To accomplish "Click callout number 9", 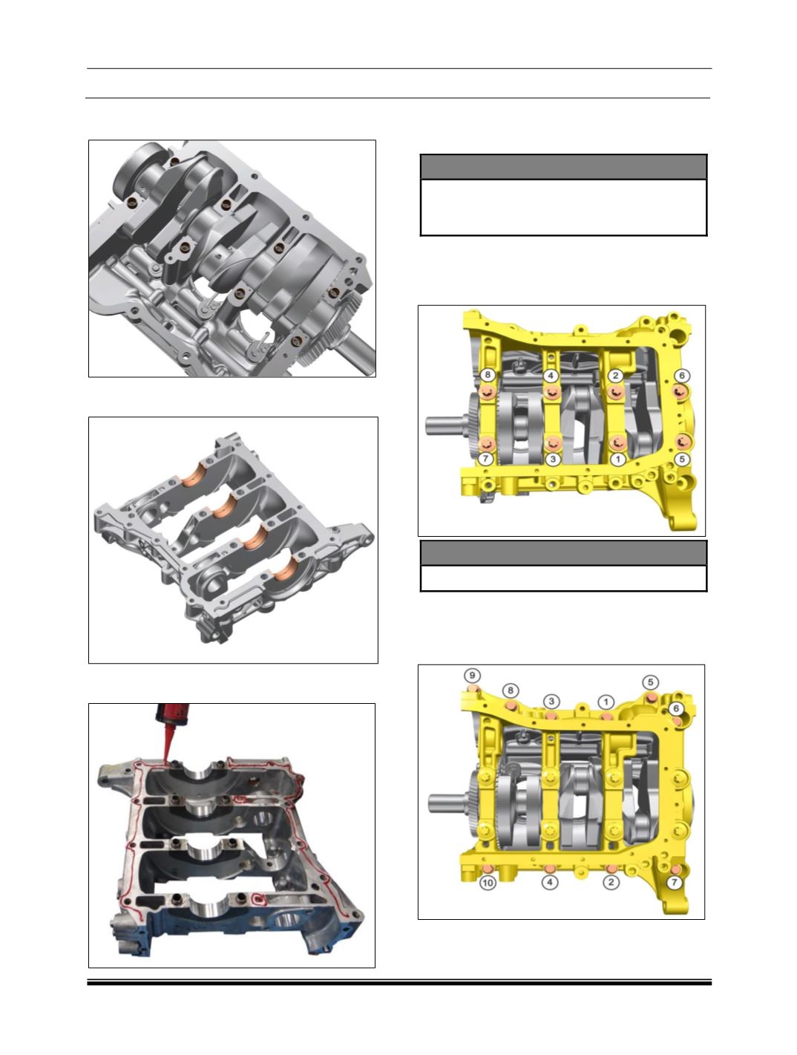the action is (x=472, y=676).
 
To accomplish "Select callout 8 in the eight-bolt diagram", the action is (x=488, y=374).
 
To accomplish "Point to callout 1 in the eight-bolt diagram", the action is (x=618, y=459).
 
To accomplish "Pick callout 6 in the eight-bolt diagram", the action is (x=682, y=376).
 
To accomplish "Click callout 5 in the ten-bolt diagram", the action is (x=651, y=682).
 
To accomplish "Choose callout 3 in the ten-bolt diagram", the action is (x=551, y=702).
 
